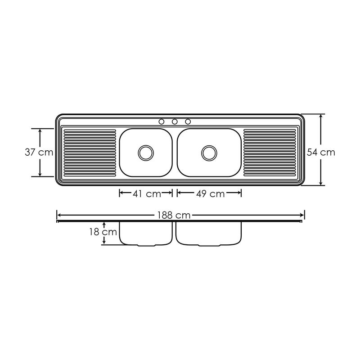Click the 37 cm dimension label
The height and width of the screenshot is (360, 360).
pyautogui.click(x=39, y=152)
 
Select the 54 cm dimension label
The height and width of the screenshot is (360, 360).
pyautogui.click(x=321, y=152)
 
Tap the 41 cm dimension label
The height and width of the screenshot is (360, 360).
pyautogui.click(x=147, y=194)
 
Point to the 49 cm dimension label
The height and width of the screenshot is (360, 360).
pyautogui.click(x=210, y=194)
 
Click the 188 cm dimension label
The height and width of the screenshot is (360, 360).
pyautogui.click(x=174, y=216)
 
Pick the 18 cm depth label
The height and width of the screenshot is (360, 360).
pyautogui.click(x=103, y=232)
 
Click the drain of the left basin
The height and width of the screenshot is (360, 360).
pyautogui.click(x=146, y=153)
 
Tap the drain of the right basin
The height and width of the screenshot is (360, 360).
pyautogui.click(x=209, y=153)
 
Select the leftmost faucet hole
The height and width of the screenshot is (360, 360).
pyautogui.click(x=162, y=121)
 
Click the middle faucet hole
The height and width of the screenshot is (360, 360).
pyautogui.click(x=175, y=121)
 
